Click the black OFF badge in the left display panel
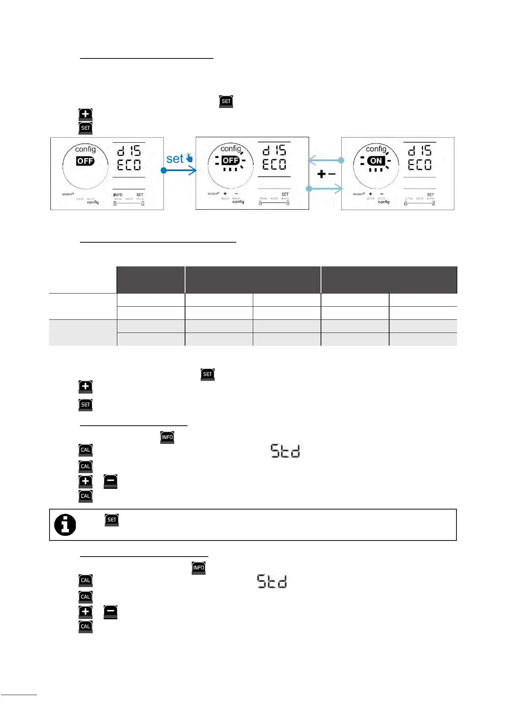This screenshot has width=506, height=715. (x=85, y=161)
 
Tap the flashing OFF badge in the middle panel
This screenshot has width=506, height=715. (x=230, y=161)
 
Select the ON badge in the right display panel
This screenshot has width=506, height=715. (x=376, y=161)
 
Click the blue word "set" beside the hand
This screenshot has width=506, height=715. (x=174, y=159)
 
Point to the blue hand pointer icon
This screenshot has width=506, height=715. (x=189, y=158)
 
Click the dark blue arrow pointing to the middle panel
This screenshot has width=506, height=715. (x=179, y=170)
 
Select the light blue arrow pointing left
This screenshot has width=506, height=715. (x=326, y=160)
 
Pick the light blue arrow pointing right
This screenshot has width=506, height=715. (x=325, y=188)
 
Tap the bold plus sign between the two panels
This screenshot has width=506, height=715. (x=321, y=174)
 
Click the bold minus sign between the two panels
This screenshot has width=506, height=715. (x=332, y=174)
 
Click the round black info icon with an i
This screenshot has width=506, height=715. (x=65, y=525)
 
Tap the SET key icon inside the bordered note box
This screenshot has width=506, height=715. (x=112, y=520)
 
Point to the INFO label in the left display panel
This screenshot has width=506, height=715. (x=118, y=195)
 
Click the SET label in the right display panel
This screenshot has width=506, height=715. (x=430, y=195)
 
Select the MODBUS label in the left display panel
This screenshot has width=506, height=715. (x=68, y=194)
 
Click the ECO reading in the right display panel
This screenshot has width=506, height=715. (x=420, y=165)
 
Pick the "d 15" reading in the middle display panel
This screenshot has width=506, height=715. (x=274, y=150)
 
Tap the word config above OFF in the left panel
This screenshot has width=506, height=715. (x=86, y=149)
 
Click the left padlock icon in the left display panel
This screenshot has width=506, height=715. (x=115, y=203)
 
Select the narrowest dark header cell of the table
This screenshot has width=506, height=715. (x=151, y=280)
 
